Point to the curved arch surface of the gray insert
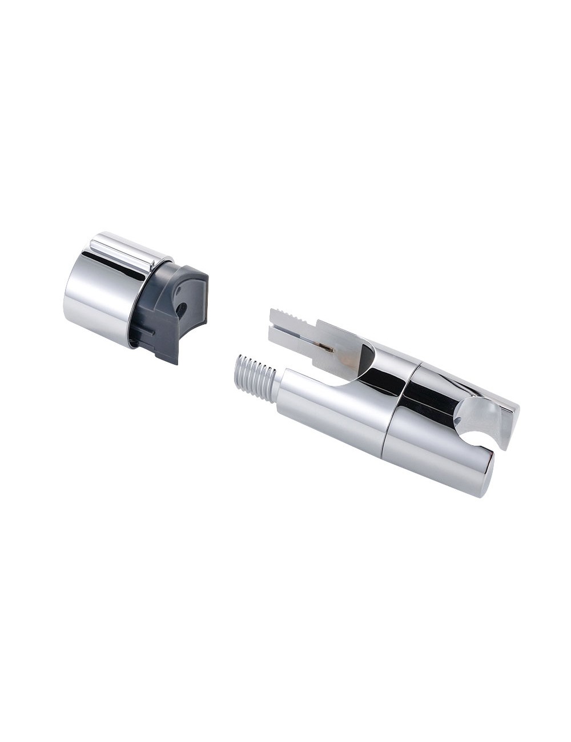click(x=188, y=291)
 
